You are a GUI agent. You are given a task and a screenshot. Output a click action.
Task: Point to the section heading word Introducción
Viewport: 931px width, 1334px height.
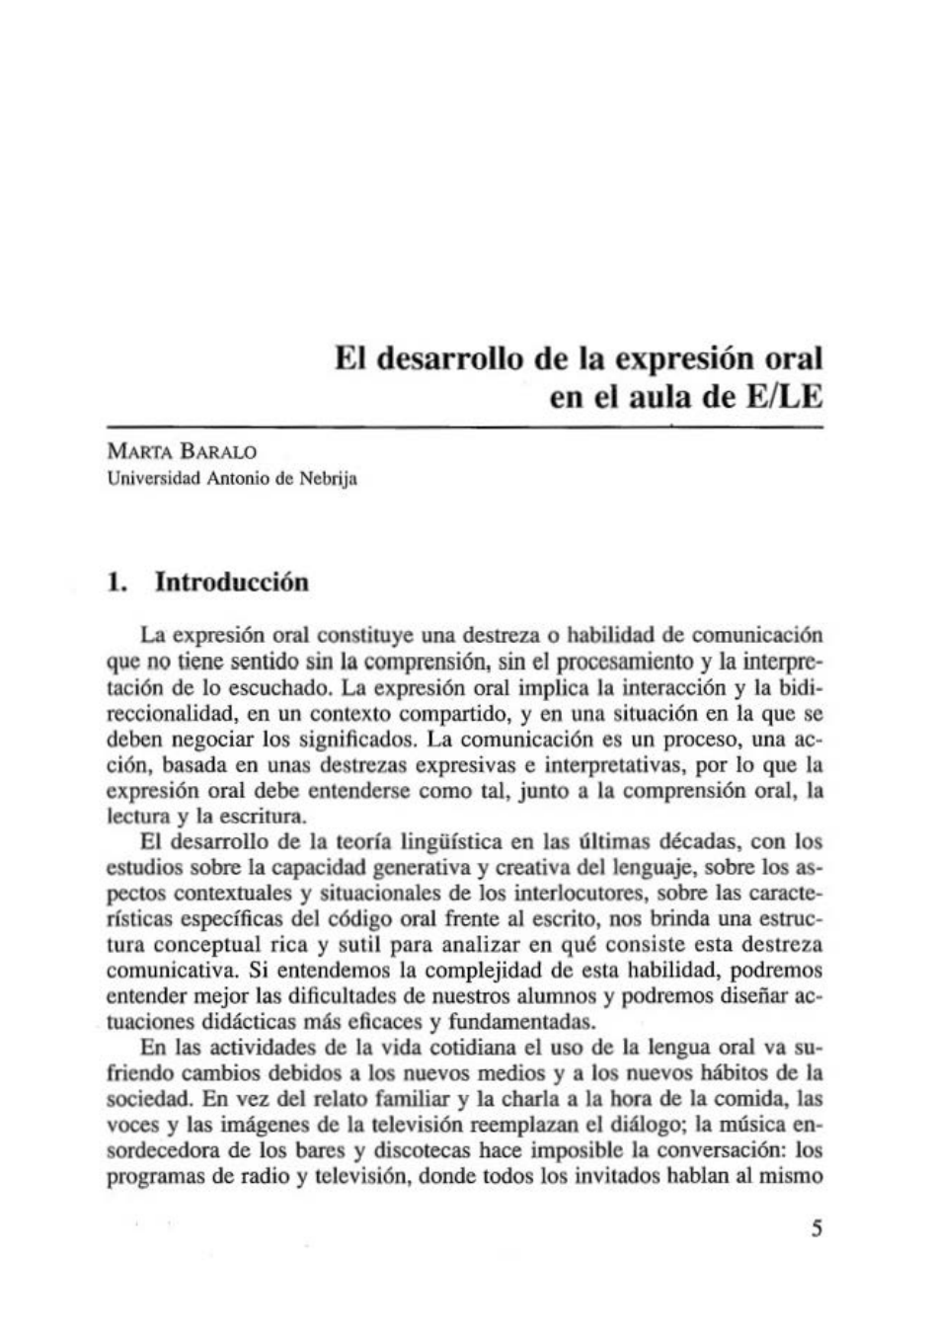point(232,582)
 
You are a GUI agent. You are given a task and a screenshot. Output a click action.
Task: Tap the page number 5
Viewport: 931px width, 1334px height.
point(815,1228)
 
